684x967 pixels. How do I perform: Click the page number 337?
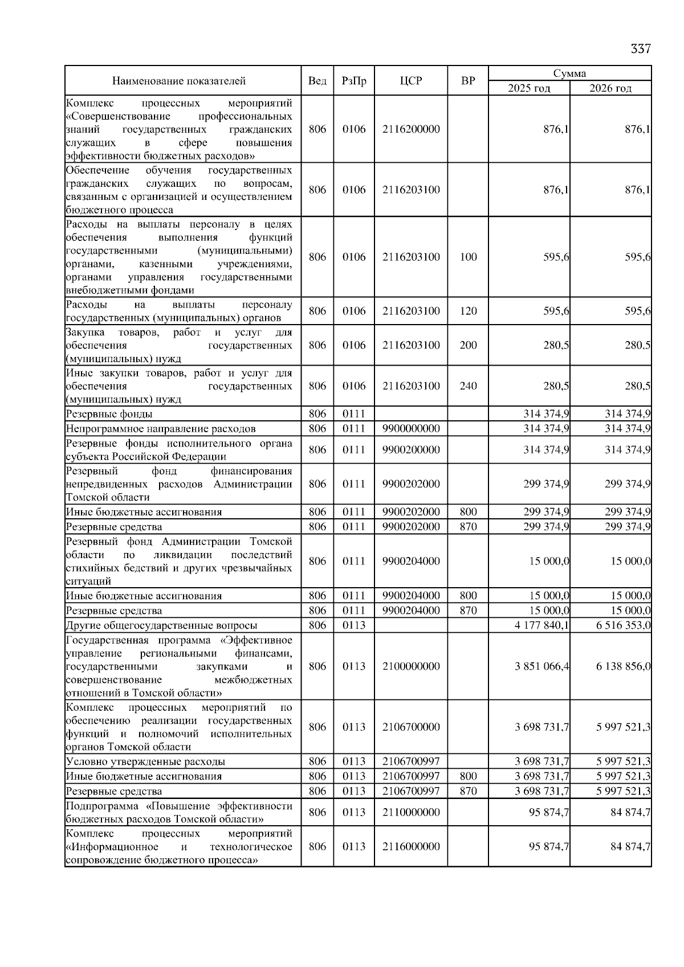(x=640, y=49)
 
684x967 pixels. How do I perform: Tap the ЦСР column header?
(x=411, y=81)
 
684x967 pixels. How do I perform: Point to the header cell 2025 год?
(x=529, y=88)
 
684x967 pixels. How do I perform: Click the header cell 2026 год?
(x=610, y=88)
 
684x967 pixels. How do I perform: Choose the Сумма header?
(x=569, y=73)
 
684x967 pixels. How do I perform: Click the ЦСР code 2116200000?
(x=411, y=129)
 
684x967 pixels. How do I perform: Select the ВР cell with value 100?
(x=468, y=257)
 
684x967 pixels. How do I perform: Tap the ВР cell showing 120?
(x=468, y=311)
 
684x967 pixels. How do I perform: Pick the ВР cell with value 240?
(x=468, y=386)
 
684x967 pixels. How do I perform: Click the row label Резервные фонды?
(x=109, y=414)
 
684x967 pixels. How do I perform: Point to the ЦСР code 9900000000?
(x=411, y=429)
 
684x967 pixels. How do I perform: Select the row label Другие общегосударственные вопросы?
(x=161, y=625)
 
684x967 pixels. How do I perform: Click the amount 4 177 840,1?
(x=541, y=625)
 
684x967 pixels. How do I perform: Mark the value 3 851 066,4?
(x=541, y=666)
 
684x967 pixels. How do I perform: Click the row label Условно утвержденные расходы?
(x=145, y=761)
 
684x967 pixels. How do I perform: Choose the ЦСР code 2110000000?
(x=411, y=812)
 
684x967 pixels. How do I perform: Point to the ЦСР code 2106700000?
(x=411, y=727)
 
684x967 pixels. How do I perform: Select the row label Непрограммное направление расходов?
(x=161, y=429)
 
